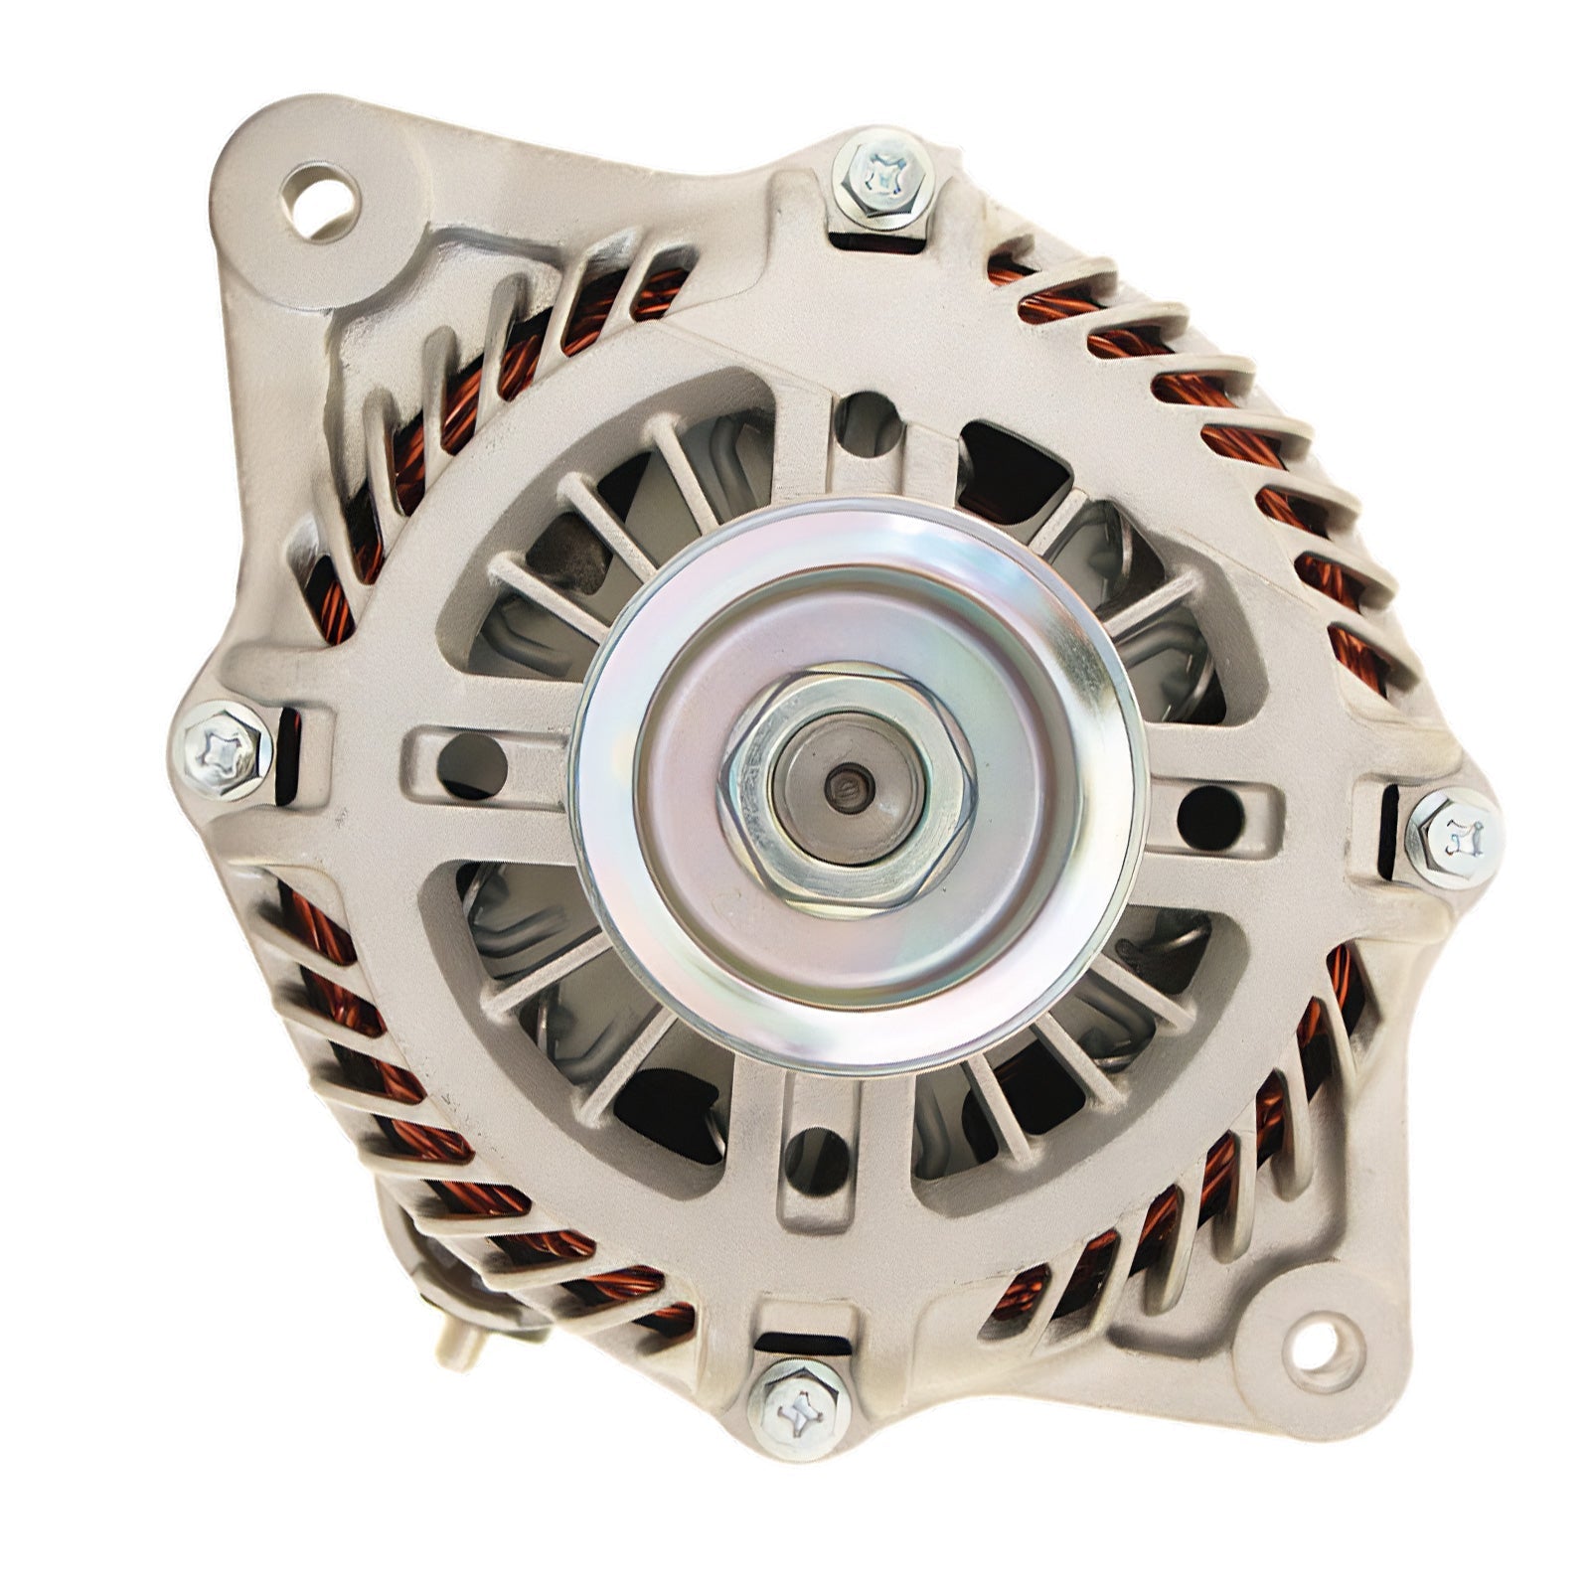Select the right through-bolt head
tap(1453, 837)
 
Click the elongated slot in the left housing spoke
tap(473, 760)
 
